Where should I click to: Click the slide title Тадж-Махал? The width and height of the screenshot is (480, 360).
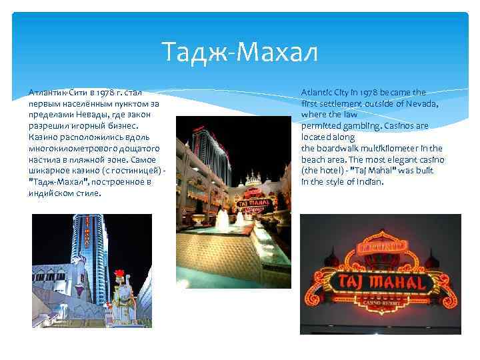pos(241,51)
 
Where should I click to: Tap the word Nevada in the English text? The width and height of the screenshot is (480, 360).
pos(421,103)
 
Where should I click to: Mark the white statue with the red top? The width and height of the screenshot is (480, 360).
pos(121,294)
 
